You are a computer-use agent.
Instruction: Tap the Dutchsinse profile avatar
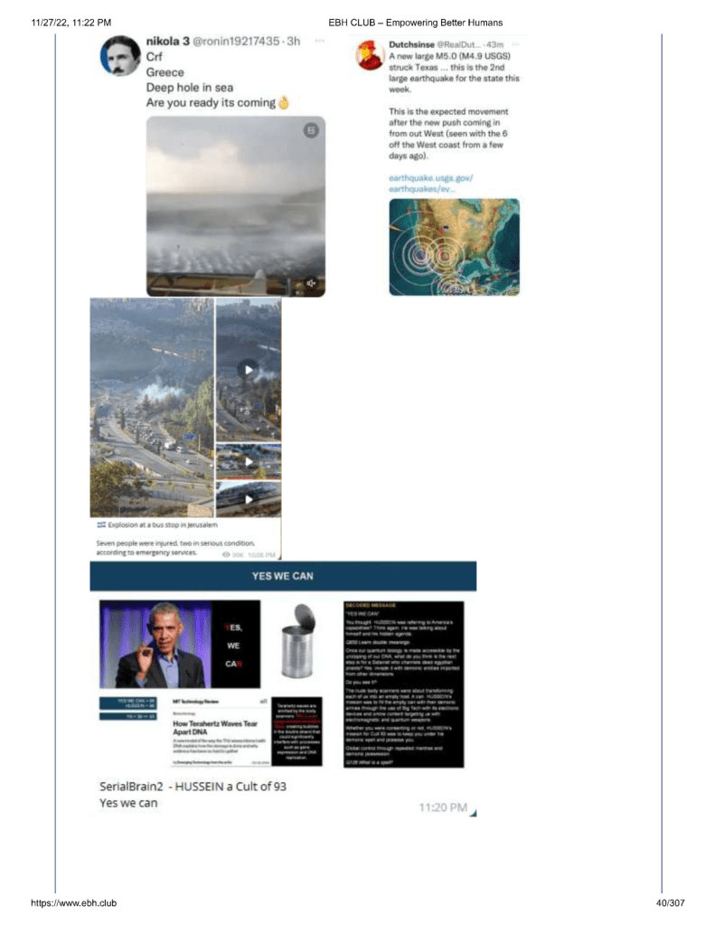(369, 55)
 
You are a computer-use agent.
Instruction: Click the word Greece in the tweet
(165, 72)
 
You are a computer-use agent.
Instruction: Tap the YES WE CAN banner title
(283, 576)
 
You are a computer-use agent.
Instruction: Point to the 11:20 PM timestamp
(443, 807)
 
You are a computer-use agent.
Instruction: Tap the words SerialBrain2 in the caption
(130, 786)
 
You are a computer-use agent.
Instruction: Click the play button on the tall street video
(248, 369)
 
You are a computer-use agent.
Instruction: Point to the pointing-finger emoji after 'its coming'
(283, 102)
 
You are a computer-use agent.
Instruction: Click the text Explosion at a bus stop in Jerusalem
(162, 524)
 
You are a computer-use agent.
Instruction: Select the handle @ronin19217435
(243, 42)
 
